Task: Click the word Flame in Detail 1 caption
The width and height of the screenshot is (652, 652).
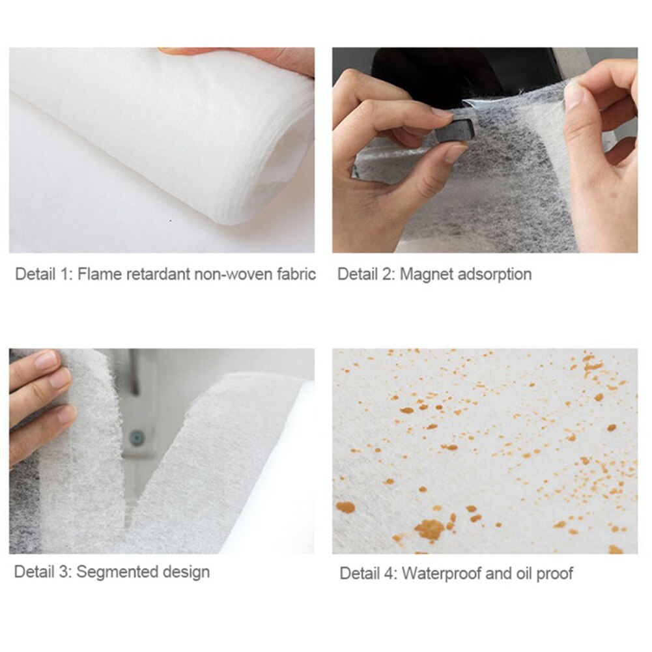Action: coord(95,274)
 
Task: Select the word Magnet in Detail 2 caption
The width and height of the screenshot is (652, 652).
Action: coord(427,274)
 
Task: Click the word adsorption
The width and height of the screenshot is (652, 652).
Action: coord(494,274)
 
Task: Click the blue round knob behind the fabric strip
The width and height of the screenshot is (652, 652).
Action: coord(136,438)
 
